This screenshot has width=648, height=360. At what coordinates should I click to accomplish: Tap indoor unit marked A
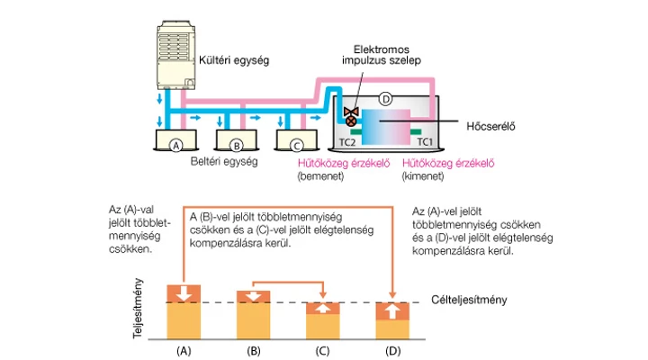click(176, 143)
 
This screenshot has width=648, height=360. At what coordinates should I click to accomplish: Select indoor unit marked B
click(237, 143)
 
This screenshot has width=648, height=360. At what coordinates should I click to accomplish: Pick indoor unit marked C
click(295, 143)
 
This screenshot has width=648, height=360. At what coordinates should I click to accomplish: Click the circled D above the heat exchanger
click(386, 96)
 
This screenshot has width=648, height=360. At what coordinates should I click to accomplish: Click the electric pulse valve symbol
click(353, 113)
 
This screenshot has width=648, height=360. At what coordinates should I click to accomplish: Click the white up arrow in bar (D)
click(392, 310)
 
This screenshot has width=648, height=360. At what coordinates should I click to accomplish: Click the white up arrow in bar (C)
click(323, 308)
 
